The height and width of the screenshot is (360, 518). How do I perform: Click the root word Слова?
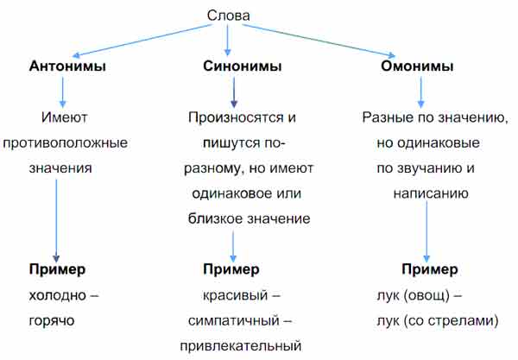pos(228,16)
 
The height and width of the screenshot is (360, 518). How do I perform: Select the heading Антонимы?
pos(67,66)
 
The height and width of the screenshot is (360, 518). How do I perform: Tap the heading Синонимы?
pos(242,66)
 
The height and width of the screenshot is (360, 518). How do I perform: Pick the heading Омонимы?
pos(417,66)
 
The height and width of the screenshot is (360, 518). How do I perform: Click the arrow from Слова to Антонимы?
pos(142,41)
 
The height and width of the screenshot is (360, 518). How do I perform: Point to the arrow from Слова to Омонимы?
pos(319,41)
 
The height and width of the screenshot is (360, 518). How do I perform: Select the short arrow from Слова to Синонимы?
pos(227,40)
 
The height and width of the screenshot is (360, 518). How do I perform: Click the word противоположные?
pos(65,143)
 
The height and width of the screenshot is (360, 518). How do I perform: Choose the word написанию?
pos(431,193)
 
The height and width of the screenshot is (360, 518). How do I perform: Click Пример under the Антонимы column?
pos(57,270)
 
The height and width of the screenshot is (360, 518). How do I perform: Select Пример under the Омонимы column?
pos(430,270)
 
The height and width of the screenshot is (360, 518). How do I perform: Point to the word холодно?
pos(58,295)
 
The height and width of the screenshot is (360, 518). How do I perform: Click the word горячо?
pos(52,321)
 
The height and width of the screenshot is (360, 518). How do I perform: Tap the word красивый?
pos(235,296)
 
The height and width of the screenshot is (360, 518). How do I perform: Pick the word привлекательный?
pos(241,346)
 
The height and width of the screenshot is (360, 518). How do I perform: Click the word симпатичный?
pos(234,321)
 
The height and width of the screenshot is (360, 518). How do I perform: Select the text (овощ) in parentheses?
pos(426,296)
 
